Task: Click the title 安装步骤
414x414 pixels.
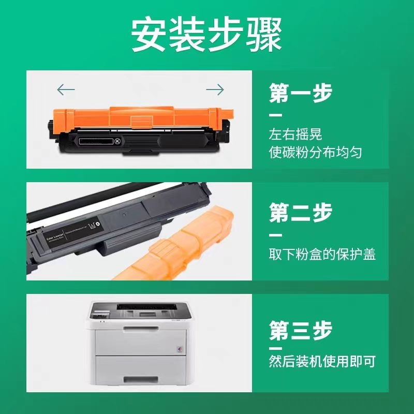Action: (206, 35)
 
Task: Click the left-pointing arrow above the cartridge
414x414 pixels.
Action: (66, 90)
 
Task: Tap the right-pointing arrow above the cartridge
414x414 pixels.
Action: (215, 90)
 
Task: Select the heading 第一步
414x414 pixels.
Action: (301, 94)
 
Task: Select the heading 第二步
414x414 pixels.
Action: (301, 213)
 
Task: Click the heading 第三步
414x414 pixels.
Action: (301, 330)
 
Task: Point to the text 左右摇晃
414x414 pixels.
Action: (295, 134)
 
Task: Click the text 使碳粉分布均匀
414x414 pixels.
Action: (315, 152)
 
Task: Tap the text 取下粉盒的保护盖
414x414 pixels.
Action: (322, 255)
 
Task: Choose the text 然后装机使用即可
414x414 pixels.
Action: (322, 361)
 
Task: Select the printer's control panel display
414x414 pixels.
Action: (100, 313)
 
